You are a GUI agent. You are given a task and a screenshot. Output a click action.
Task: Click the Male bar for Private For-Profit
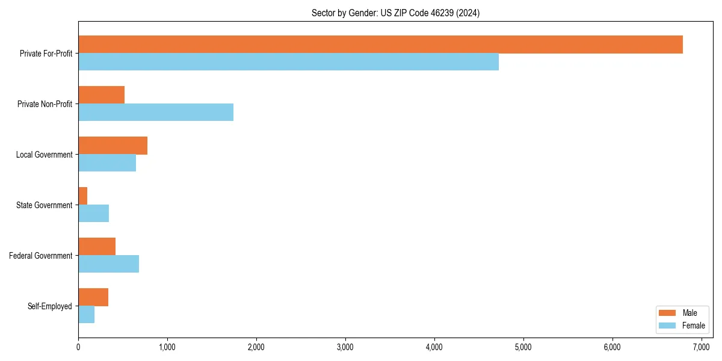tap(380, 45)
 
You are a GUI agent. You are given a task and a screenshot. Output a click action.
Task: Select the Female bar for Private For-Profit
tap(288, 62)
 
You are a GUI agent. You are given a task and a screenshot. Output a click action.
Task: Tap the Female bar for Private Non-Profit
tap(156, 113)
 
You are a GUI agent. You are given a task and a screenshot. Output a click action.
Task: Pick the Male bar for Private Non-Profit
tap(101, 95)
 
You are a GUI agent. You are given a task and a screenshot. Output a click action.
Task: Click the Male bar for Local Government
tap(113, 146)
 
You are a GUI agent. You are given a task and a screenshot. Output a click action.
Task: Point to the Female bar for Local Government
tap(107, 163)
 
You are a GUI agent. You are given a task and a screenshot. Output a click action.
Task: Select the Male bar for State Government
tap(83, 196)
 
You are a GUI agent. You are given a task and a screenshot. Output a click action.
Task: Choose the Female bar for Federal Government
tap(108, 264)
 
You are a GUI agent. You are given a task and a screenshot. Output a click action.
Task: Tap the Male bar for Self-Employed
tap(93, 297)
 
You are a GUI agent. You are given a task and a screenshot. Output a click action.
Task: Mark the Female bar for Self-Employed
tap(86, 315)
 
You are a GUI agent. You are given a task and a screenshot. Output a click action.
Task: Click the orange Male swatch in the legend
tap(668, 313)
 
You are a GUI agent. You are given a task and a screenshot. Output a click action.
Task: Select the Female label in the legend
tap(693, 326)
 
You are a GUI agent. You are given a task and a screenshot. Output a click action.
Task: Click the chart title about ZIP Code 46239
tap(395, 13)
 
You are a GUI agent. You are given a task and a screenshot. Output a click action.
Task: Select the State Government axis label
tap(45, 205)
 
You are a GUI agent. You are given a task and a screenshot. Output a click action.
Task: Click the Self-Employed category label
tap(50, 306)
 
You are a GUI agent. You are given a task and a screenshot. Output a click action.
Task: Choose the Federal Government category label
tap(41, 256)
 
